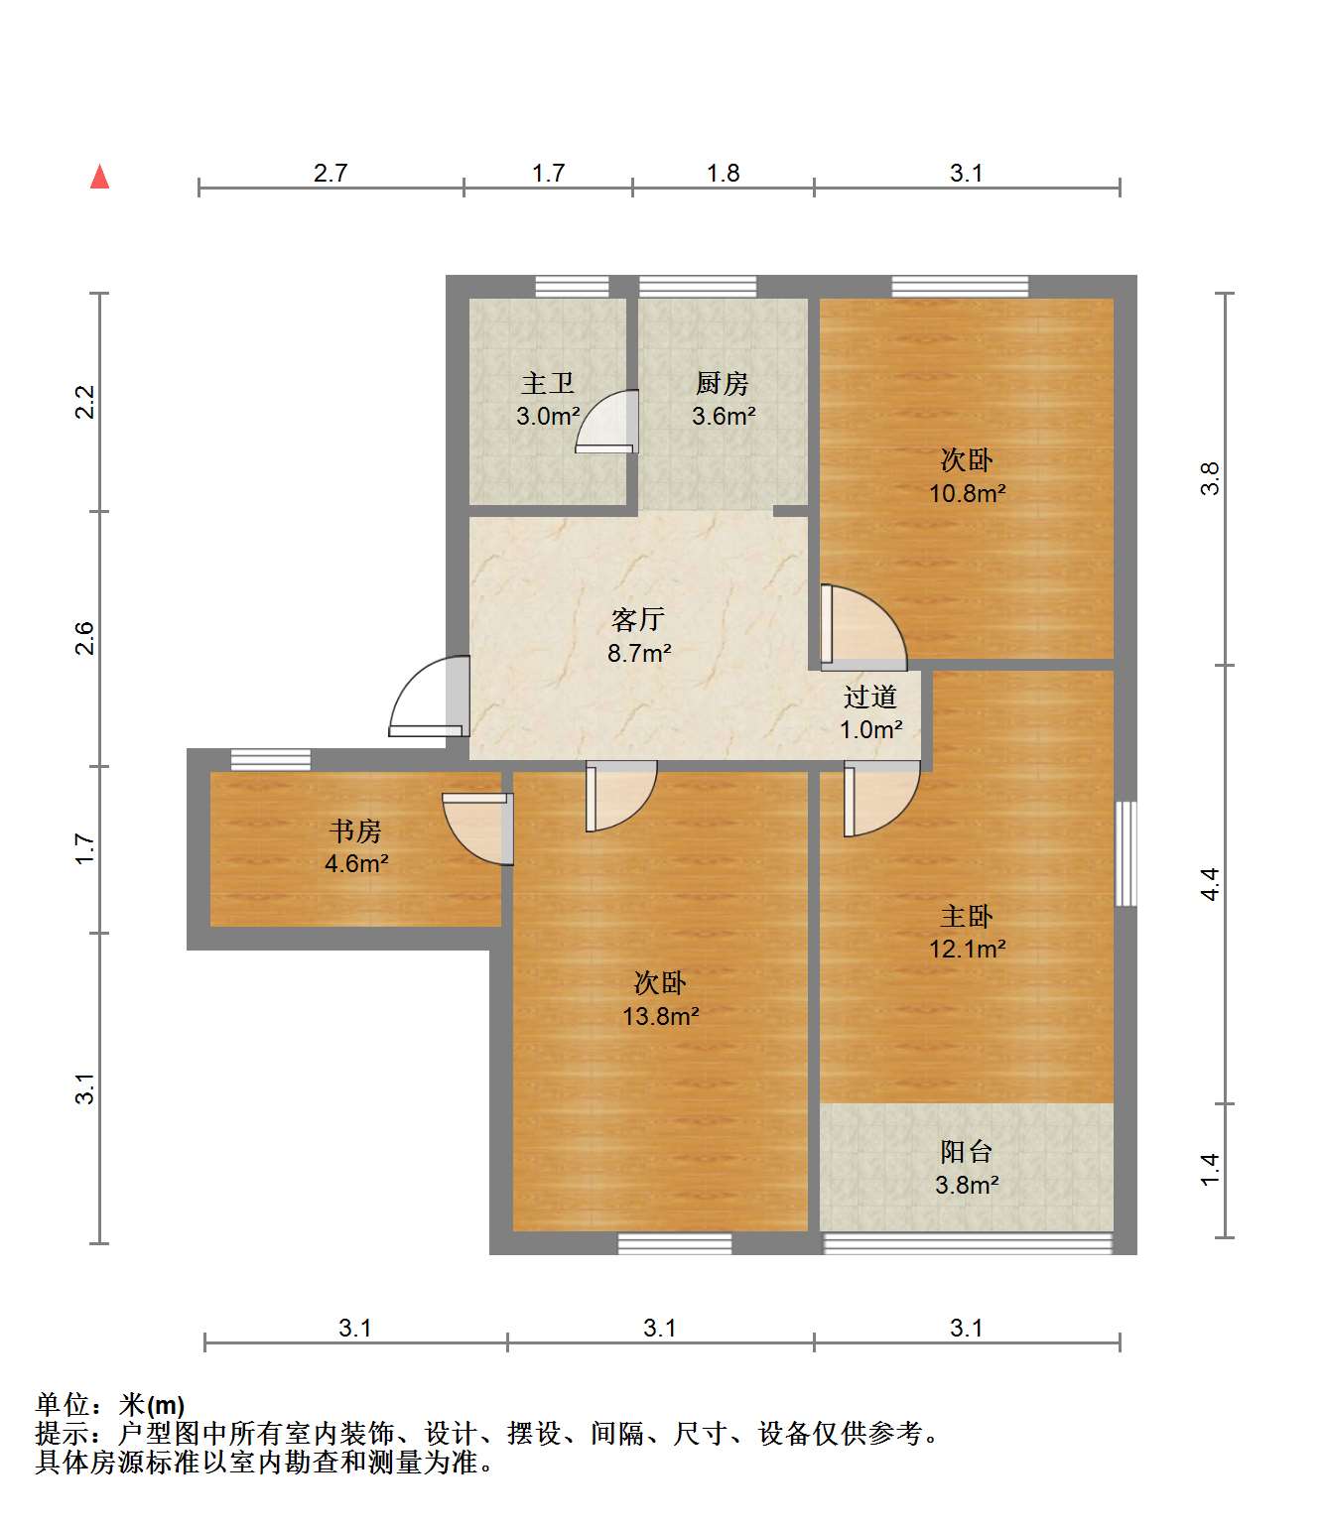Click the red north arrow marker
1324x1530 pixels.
coord(99,178)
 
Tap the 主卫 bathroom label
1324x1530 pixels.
coord(547,383)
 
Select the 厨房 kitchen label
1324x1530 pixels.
coord(722,383)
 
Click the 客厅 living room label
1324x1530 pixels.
coord(637,620)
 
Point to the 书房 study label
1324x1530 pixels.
coord(355,830)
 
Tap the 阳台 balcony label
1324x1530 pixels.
coord(966,1152)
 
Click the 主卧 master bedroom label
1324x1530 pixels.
coord(966,916)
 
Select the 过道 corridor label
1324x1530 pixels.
coord(870,697)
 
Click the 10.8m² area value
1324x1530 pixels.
coord(967,493)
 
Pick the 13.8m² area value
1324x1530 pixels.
coord(660,1016)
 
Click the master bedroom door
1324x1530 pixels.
coord(879,799)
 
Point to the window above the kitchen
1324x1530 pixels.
coord(697,287)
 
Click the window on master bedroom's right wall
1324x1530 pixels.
coord(1125,853)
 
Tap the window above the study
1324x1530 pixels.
coord(270,760)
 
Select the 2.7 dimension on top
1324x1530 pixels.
coord(331,173)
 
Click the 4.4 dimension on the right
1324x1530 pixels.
coord(1210,883)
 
